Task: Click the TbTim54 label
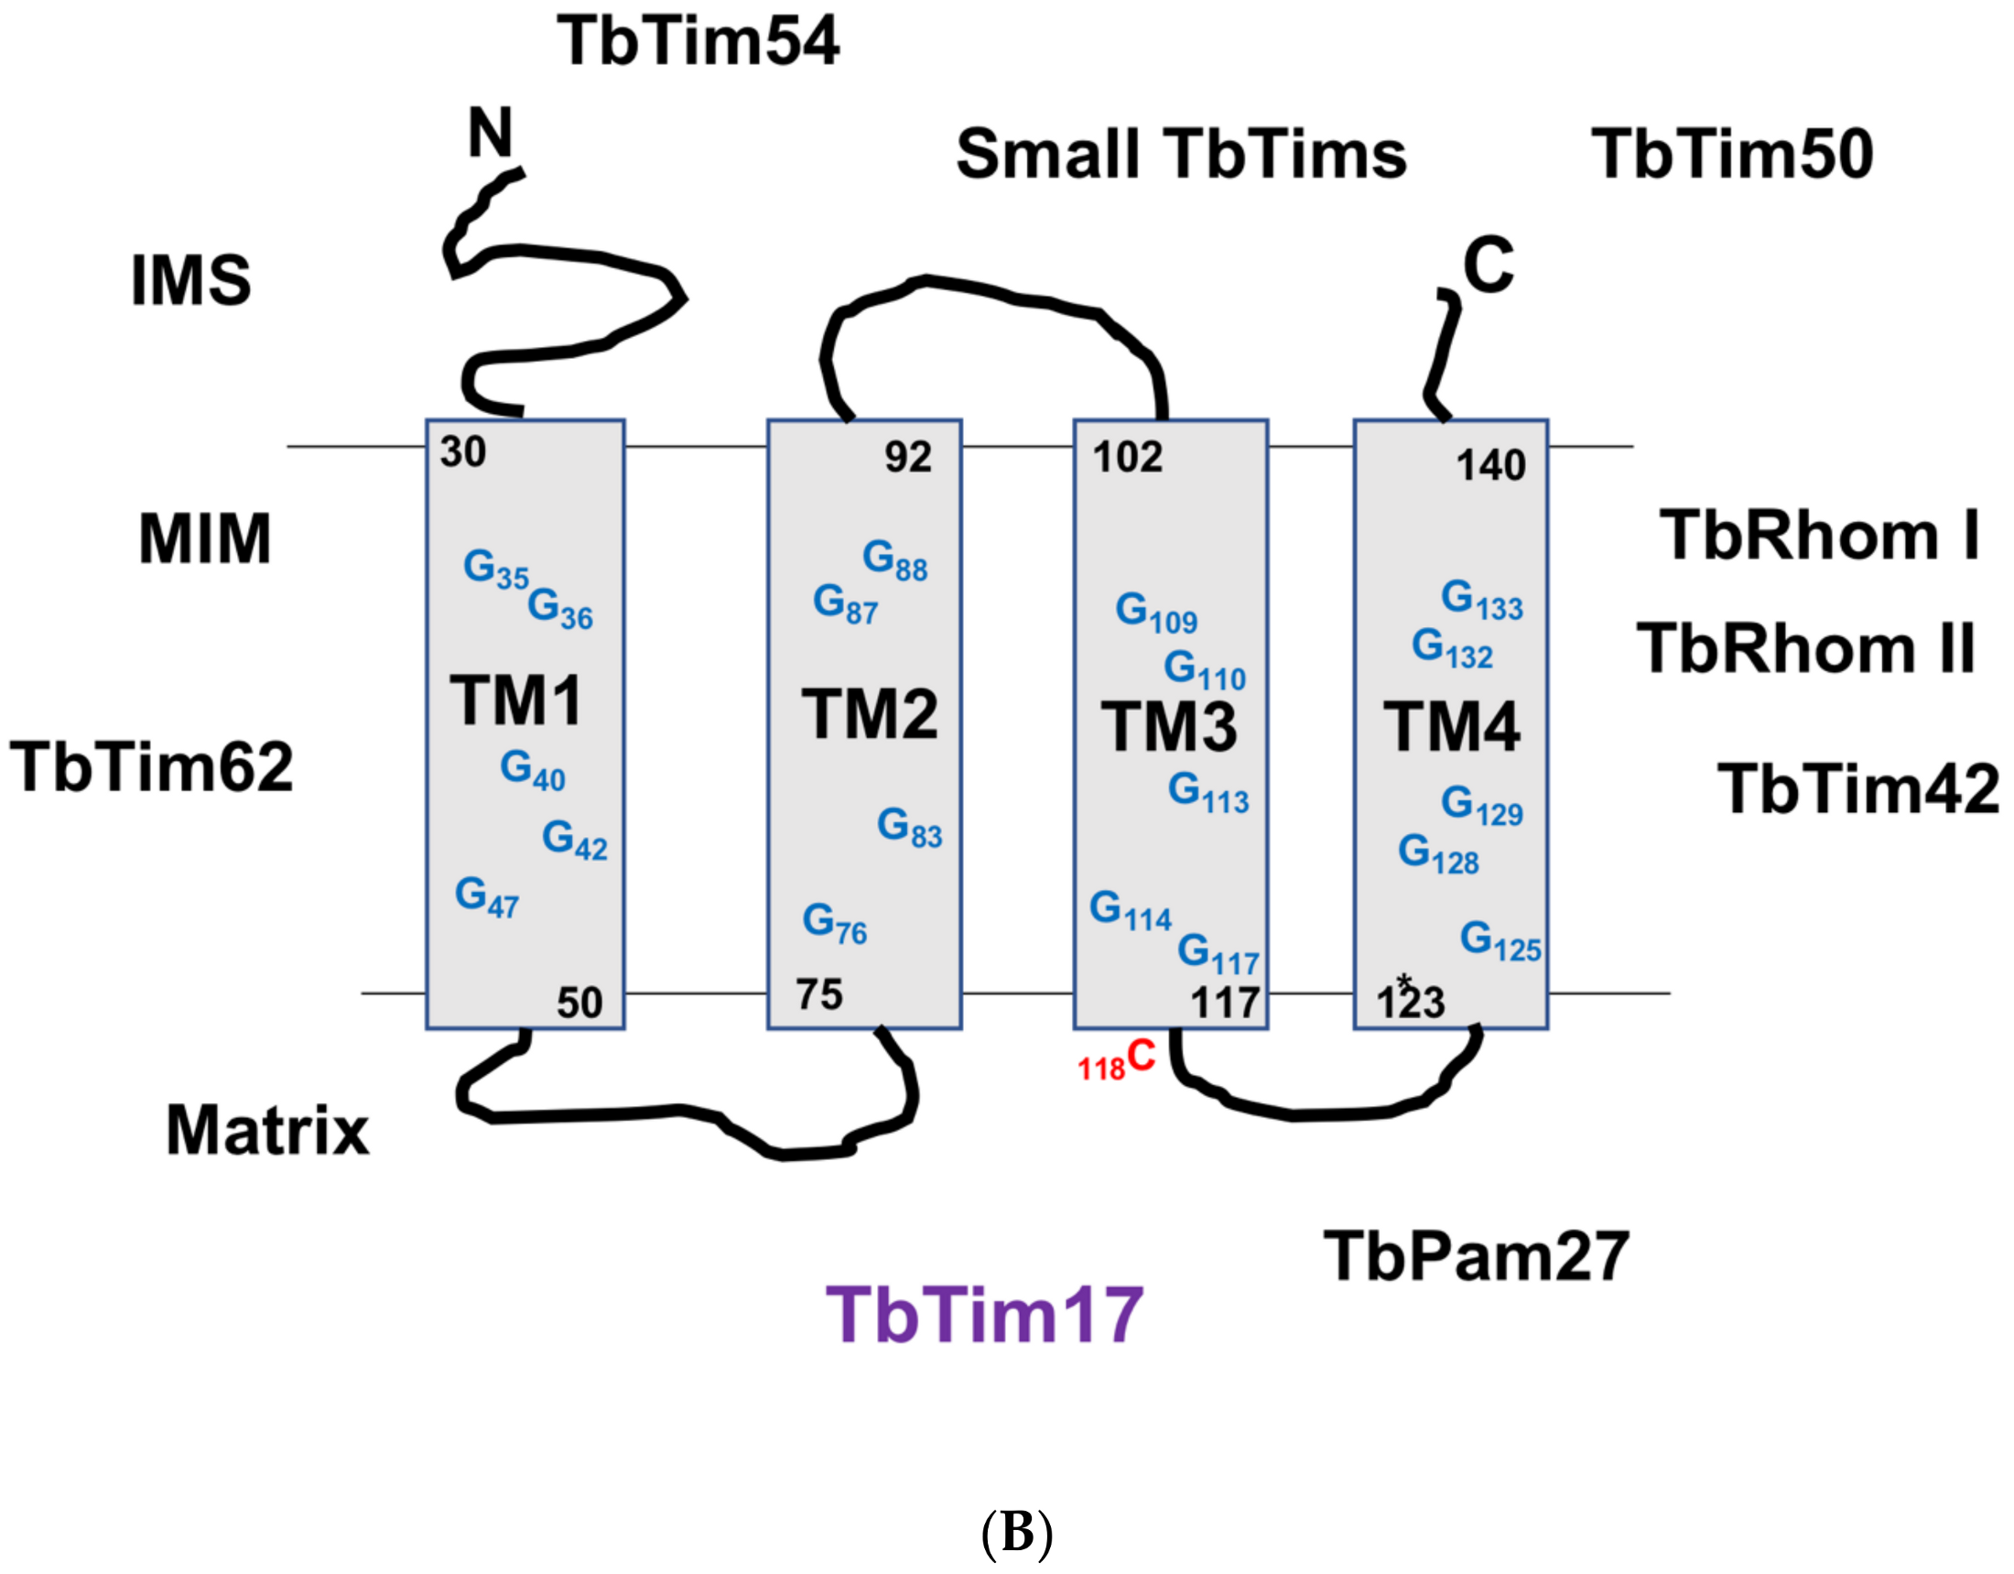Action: [x=698, y=41]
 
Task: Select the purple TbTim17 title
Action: [x=984, y=1314]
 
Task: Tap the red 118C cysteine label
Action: [x=1117, y=1060]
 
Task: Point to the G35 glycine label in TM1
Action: [x=495, y=570]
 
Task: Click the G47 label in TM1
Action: [x=486, y=897]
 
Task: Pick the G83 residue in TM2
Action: [x=908, y=827]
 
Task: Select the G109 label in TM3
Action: [x=1155, y=613]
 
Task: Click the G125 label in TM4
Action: [x=1500, y=941]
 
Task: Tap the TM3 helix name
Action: [x=1168, y=727]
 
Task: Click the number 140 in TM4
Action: [x=1490, y=465]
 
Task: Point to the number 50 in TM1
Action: [x=579, y=1003]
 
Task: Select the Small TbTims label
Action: [x=1181, y=154]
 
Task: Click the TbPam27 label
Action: [x=1476, y=1256]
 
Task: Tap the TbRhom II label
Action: [x=1805, y=647]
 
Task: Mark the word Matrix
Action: [x=267, y=1131]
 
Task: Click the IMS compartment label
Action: [x=191, y=280]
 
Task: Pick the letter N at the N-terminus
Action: [x=490, y=133]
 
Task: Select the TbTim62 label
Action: [x=151, y=766]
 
